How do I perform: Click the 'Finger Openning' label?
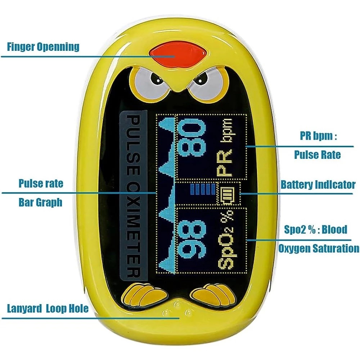pyautogui.click(x=43, y=47)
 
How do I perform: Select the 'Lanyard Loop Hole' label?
pyautogui.click(x=48, y=308)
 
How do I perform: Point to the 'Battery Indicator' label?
pyautogui.click(x=318, y=184)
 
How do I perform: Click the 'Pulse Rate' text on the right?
pyautogui.click(x=318, y=154)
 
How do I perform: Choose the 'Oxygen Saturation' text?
pyautogui.click(x=319, y=248)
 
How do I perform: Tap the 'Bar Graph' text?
pyautogui.click(x=40, y=202)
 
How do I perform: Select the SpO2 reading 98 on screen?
pyautogui.click(x=192, y=239)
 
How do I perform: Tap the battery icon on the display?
pyautogui.click(x=228, y=193)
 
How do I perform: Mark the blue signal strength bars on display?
pyautogui.click(x=203, y=189)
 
